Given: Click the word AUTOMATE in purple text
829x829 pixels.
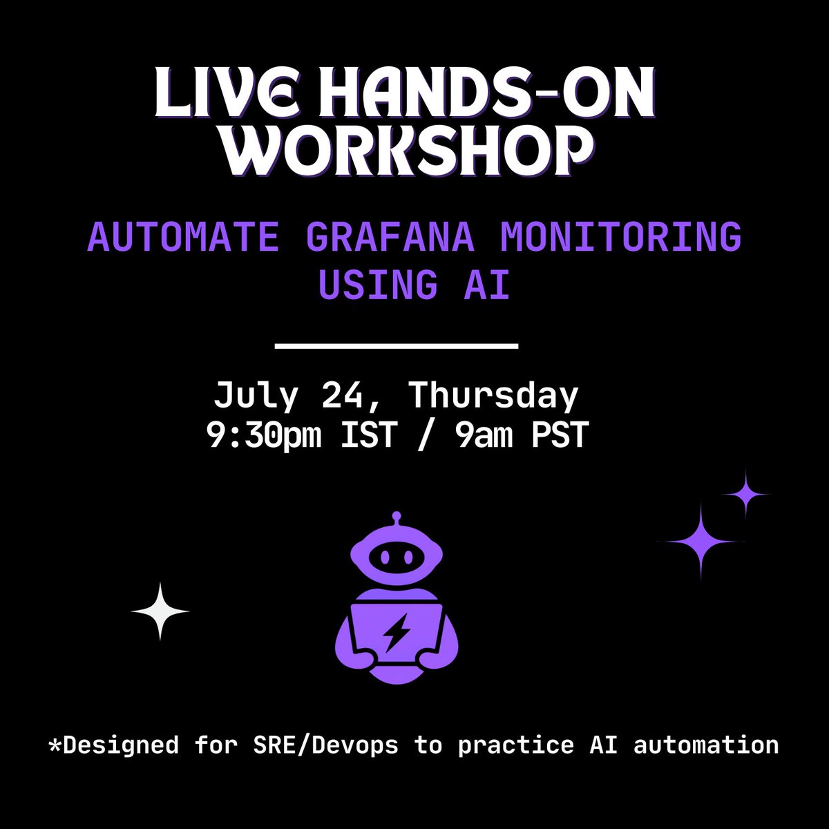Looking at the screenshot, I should click(183, 238).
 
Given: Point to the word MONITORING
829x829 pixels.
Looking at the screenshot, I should click(620, 238).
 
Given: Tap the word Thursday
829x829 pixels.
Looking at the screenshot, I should click(493, 396).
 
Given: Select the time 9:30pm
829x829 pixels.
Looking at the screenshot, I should click(265, 436).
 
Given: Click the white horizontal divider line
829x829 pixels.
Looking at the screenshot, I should click(397, 345).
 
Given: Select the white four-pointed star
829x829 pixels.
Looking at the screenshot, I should click(160, 611).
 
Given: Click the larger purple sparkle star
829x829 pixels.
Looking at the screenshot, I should click(700, 541).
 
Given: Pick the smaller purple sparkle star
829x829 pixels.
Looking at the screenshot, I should click(745, 494).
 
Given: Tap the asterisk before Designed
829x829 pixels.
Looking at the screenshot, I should click(54, 745).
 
